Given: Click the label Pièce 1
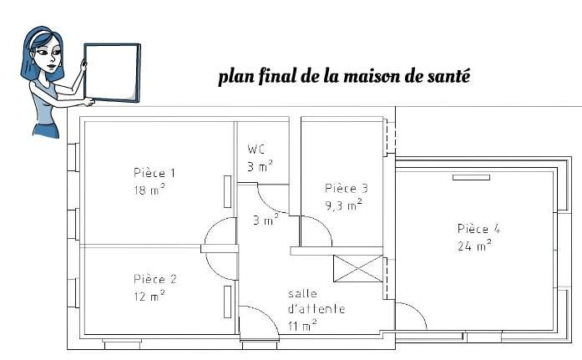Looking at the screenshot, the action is (154, 173).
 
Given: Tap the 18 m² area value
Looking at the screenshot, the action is (149, 190).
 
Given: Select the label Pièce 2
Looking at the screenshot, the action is (155, 279).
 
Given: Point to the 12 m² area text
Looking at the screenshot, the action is (149, 296).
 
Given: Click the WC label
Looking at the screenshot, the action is (256, 150).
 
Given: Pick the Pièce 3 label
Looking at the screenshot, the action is (347, 188).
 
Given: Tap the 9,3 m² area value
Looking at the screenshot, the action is (344, 205).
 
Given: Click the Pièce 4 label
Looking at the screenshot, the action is (478, 229).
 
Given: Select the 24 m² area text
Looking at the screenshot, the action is (475, 245).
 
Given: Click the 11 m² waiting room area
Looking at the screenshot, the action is (302, 326).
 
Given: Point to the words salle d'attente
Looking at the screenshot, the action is (316, 302).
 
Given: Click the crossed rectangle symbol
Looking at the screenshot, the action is (358, 268).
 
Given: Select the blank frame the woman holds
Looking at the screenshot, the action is (112, 73).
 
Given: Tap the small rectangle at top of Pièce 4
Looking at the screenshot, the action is (471, 177).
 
